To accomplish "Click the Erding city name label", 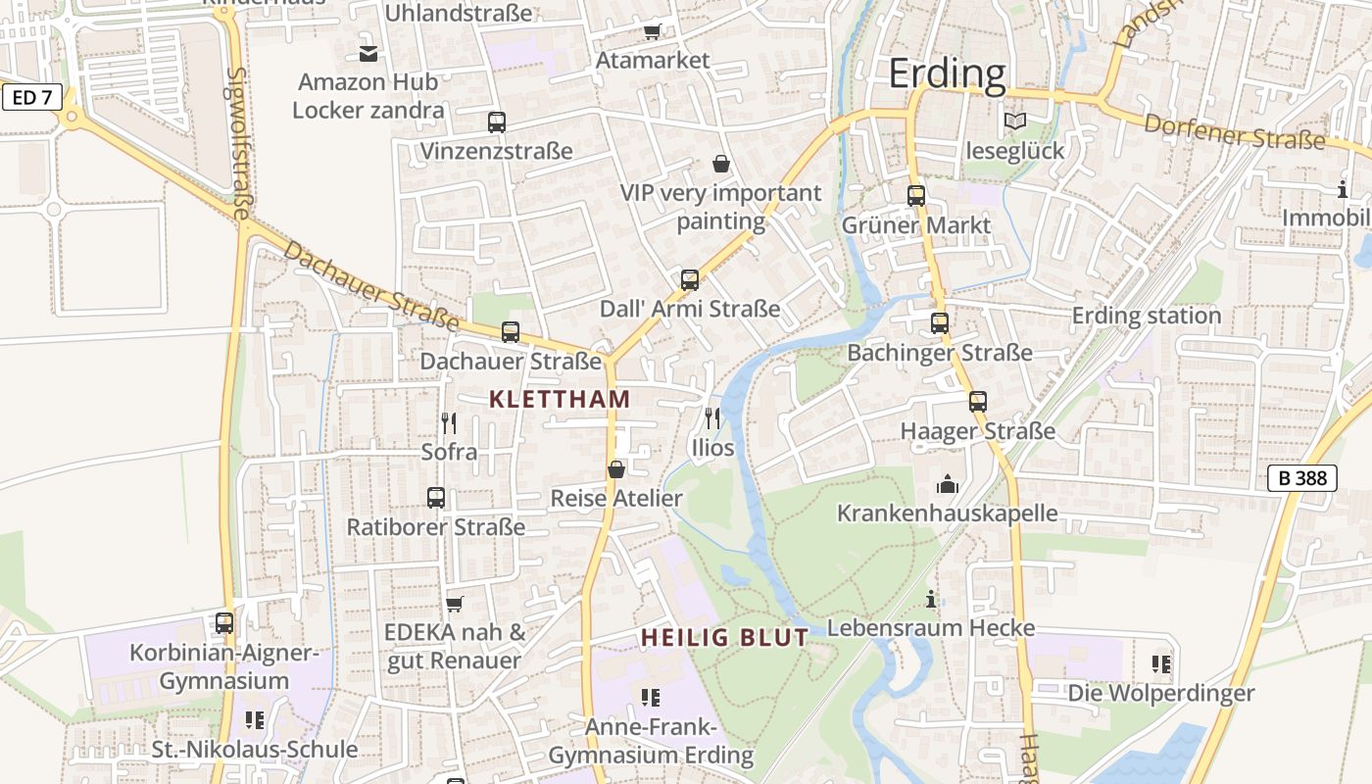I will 947,73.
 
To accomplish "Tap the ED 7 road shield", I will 32,97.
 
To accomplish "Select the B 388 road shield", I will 1302,478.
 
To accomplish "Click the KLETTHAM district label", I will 559,399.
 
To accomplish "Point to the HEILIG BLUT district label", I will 725,637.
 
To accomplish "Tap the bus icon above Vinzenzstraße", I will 497,122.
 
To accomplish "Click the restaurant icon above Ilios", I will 712,418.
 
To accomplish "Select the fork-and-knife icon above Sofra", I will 449,423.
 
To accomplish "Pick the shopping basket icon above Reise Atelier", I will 616,469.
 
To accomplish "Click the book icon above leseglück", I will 1014,122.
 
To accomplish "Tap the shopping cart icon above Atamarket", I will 653,31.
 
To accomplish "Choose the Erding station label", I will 1147,316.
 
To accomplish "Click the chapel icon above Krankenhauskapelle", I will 947,484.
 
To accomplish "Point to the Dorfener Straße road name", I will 1234,131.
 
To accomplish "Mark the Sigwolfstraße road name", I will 238,143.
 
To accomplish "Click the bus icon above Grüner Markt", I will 916,196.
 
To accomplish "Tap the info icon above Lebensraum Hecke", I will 931,599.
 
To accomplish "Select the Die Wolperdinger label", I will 1161,693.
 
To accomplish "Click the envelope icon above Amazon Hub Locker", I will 368,53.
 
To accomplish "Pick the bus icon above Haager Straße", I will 978,402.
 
